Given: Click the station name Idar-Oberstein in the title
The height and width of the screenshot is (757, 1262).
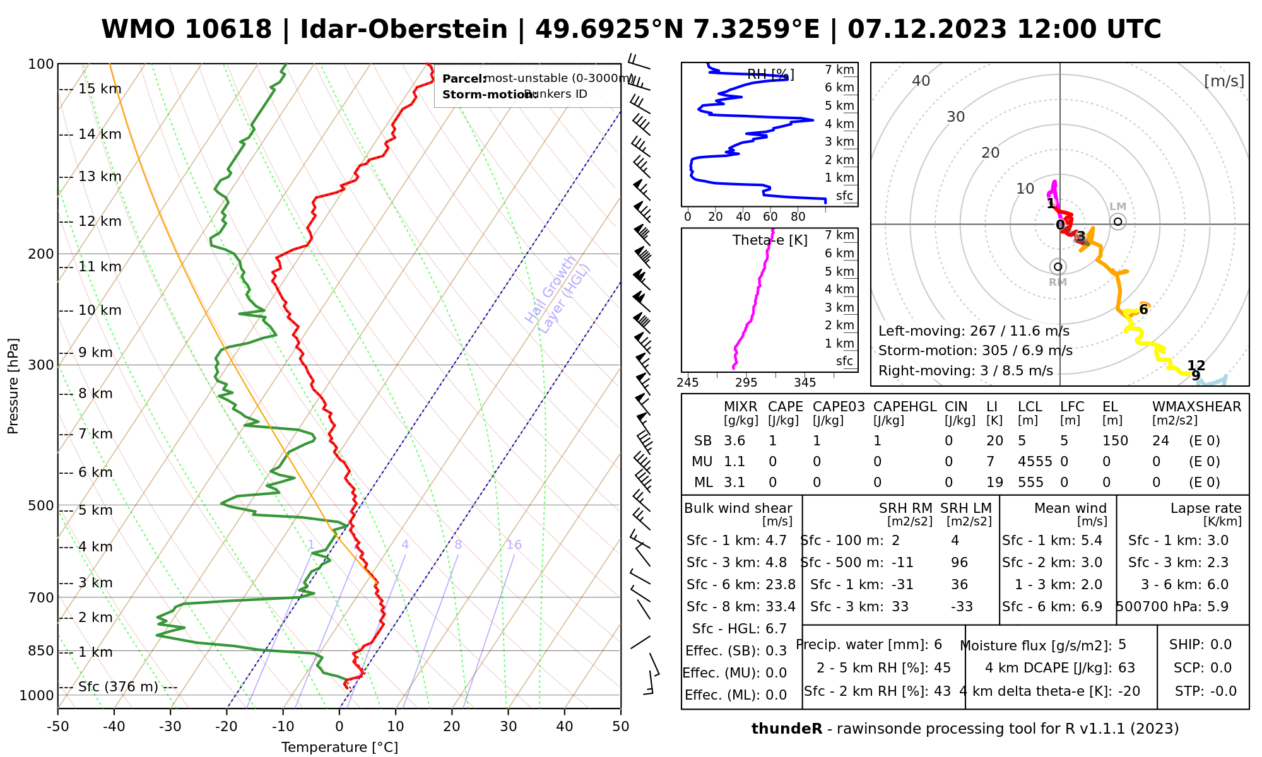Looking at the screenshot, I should point(404,30).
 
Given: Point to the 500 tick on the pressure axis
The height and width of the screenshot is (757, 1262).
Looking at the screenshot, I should point(40,505).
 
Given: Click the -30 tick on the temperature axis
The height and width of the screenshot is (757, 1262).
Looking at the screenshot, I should point(170,727).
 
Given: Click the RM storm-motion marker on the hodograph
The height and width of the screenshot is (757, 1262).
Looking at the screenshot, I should point(1058,267).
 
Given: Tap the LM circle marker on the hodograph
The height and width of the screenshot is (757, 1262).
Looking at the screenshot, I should point(1118,221).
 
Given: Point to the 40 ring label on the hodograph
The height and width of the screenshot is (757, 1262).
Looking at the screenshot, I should point(921,81).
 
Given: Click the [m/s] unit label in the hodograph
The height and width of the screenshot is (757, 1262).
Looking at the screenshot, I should point(1224,81).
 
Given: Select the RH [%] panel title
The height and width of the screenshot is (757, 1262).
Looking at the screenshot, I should point(770,75).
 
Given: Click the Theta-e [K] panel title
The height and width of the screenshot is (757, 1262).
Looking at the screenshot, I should point(770,240).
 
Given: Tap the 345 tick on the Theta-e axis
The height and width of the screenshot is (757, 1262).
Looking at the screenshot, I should point(805,383).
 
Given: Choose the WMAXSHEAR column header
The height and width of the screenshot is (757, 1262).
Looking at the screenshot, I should point(1196,407).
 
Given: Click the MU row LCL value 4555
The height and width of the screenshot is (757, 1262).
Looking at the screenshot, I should point(1035,462).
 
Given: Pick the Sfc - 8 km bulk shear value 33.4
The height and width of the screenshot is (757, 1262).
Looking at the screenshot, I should point(781,607).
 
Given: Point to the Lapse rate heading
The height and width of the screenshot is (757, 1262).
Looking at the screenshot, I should point(1206,508).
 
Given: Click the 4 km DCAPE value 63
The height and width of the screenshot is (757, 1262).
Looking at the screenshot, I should point(1126,668).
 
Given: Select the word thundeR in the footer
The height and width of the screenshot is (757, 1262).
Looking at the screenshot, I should point(787,729).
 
